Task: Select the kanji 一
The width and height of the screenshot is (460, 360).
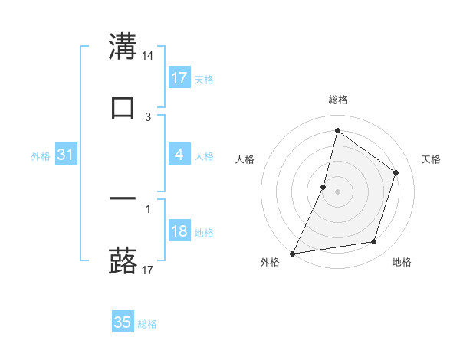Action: pos(123,199)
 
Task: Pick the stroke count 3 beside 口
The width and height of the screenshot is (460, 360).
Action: pos(148,117)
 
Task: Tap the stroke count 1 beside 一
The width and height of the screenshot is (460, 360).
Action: pos(148,208)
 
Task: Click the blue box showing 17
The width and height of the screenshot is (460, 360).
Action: pos(179,78)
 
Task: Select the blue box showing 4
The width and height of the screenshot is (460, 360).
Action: pos(179,155)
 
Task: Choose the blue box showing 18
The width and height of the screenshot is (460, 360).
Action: pos(179,232)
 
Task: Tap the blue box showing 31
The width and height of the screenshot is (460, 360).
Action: pos(66,155)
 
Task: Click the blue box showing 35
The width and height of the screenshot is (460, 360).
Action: pos(123,322)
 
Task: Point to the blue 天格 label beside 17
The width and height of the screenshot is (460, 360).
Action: pos(204,79)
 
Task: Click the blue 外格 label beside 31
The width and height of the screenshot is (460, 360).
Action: pos(41,156)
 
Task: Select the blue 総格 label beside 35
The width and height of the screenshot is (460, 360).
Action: pos(147,324)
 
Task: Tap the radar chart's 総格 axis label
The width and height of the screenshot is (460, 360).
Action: pos(337,100)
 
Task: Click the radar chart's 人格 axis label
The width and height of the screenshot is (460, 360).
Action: pos(245,159)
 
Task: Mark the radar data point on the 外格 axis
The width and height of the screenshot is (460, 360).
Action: pos(293,253)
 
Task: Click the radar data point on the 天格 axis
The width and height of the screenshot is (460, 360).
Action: pos(396,172)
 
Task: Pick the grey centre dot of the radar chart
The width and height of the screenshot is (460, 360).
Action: pos(337,191)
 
